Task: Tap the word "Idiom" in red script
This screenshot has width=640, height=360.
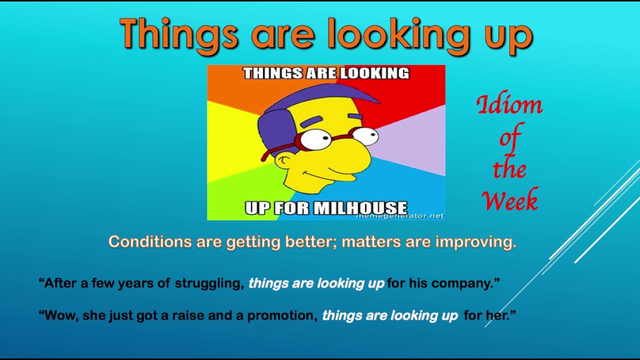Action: [x=509, y=105]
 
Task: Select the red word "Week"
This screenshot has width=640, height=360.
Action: [x=510, y=200]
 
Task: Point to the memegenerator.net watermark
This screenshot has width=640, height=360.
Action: [x=399, y=216]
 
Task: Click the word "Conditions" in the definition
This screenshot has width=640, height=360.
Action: [x=149, y=242]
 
